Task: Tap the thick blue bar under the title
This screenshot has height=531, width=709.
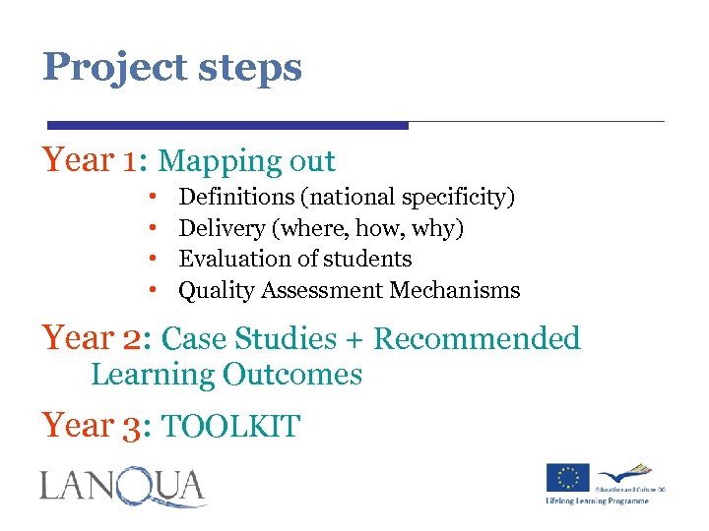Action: click(x=227, y=126)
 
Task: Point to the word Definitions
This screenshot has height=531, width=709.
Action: click(x=235, y=198)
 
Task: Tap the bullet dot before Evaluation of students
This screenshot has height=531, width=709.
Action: click(x=155, y=260)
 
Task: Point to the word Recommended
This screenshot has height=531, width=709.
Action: click(x=478, y=339)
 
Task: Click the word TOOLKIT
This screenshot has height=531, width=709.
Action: click(x=230, y=427)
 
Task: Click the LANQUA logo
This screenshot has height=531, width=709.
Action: click(x=123, y=487)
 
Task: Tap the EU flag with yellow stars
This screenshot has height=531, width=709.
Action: click(x=568, y=477)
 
